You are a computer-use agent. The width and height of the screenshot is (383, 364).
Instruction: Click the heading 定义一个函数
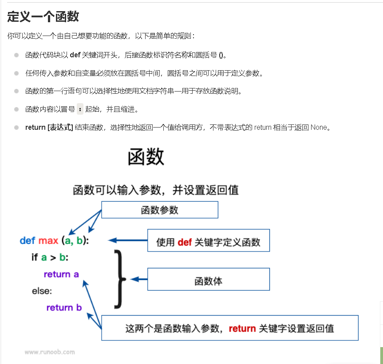point(43,17)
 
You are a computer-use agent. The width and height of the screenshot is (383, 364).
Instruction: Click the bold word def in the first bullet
point(75,55)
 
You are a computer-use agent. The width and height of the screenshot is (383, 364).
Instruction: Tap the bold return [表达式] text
point(49,127)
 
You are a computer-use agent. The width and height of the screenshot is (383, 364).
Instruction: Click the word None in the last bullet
point(319,127)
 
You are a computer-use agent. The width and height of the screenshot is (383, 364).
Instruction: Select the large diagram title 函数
point(146,157)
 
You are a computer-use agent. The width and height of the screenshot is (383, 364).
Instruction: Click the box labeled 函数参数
point(160,210)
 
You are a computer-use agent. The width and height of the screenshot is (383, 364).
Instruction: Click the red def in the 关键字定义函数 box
point(184,243)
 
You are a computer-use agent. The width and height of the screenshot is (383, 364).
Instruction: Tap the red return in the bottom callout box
point(242,329)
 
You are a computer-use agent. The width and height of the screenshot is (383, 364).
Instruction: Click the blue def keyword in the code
point(28,241)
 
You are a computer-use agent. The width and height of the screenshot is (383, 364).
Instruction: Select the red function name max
point(48,241)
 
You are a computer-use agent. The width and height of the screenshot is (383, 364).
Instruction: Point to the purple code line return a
point(61,274)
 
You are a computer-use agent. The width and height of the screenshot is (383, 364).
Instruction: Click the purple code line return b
point(64,308)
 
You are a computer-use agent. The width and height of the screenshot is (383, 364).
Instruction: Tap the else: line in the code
point(42,291)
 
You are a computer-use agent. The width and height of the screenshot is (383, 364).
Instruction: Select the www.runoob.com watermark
point(50,352)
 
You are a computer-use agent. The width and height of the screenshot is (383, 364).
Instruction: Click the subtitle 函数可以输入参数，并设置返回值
point(156,190)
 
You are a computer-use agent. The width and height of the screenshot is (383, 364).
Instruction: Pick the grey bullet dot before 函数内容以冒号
point(16,109)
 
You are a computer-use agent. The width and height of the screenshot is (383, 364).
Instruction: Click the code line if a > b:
point(50,257)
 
